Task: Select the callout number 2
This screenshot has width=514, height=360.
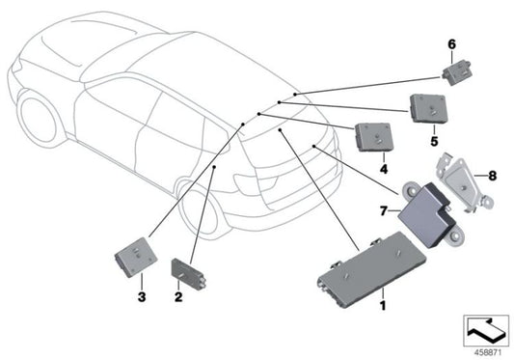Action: (177, 297)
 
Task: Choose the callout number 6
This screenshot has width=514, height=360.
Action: (449, 43)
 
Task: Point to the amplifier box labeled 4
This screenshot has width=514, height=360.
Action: (373, 137)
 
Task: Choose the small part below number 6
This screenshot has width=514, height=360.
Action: (457, 68)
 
